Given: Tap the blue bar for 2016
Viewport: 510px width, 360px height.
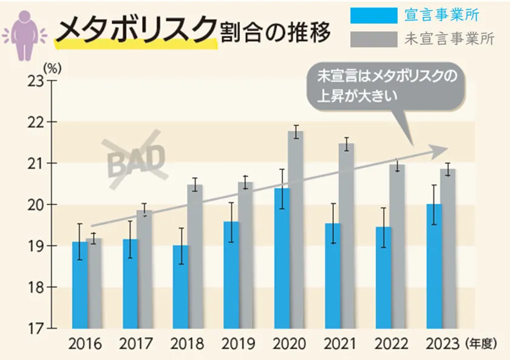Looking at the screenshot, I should click(80, 285).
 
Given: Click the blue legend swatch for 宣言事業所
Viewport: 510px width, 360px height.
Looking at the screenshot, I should click(373, 14).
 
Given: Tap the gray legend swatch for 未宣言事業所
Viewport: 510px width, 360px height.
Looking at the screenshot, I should click(373, 39).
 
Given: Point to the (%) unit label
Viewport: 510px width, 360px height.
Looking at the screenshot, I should click(52, 67).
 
